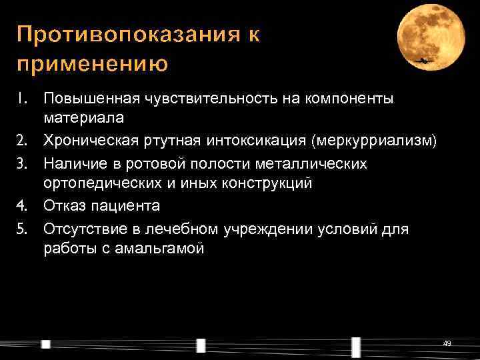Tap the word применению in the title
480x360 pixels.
click(93, 65)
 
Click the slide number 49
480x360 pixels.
click(447, 343)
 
